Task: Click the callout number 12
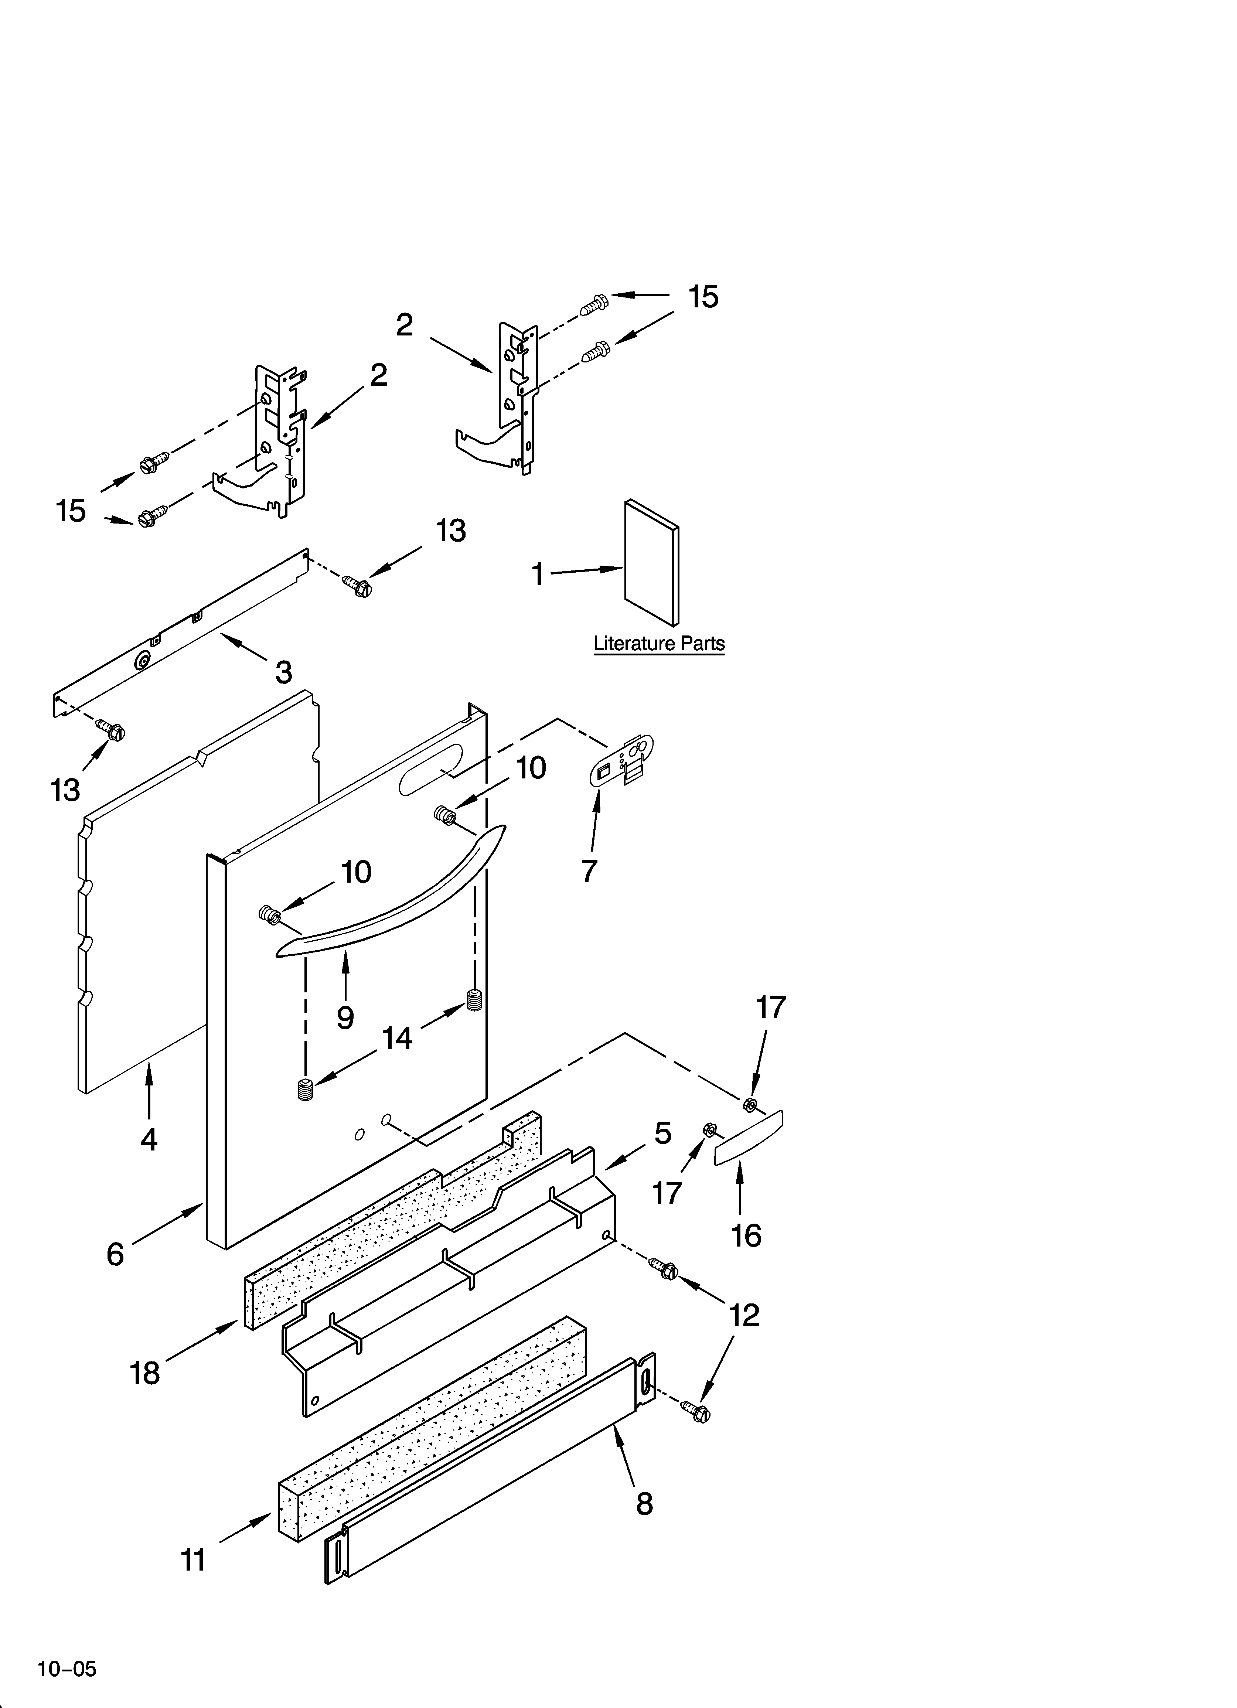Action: click(x=744, y=1316)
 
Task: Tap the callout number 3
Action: click(x=283, y=672)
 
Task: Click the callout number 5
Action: click(x=662, y=1133)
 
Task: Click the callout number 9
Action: click(x=345, y=1017)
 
